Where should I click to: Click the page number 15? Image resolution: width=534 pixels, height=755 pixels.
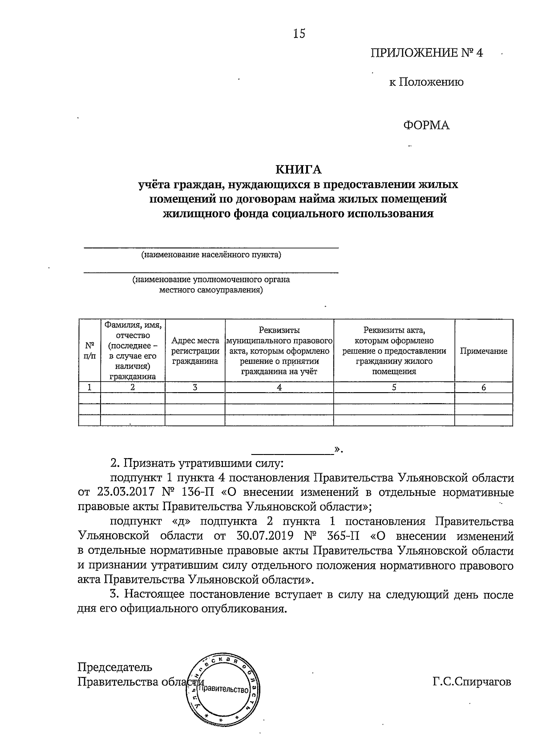[x=299, y=34]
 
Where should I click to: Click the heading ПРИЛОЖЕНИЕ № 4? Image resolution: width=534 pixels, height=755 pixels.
[x=427, y=53]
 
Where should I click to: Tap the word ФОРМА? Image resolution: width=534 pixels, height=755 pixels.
[x=426, y=126]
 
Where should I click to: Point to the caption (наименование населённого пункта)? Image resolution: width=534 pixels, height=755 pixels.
[x=211, y=255]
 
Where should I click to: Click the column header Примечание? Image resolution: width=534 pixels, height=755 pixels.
[x=483, y=351]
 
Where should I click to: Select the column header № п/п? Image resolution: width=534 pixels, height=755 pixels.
[x=89, y=351]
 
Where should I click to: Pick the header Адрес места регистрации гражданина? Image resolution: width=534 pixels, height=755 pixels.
[x=195, y=351]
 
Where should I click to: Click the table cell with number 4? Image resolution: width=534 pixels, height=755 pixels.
[x=279, y=387]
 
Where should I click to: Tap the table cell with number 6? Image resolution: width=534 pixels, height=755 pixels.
[x=483, y=387]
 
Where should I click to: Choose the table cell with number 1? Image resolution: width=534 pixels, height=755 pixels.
[x=89, y=387]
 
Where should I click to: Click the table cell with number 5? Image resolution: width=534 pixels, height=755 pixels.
[x=394, y=387]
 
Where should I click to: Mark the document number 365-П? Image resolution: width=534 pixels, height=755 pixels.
[x=342, y=536]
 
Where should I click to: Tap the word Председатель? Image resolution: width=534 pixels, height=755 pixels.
[x=115, y=667]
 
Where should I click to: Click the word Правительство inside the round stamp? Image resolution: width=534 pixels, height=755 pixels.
[x=222, y=690]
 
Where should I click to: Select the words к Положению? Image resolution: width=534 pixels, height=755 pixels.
[x=426, y=82]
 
